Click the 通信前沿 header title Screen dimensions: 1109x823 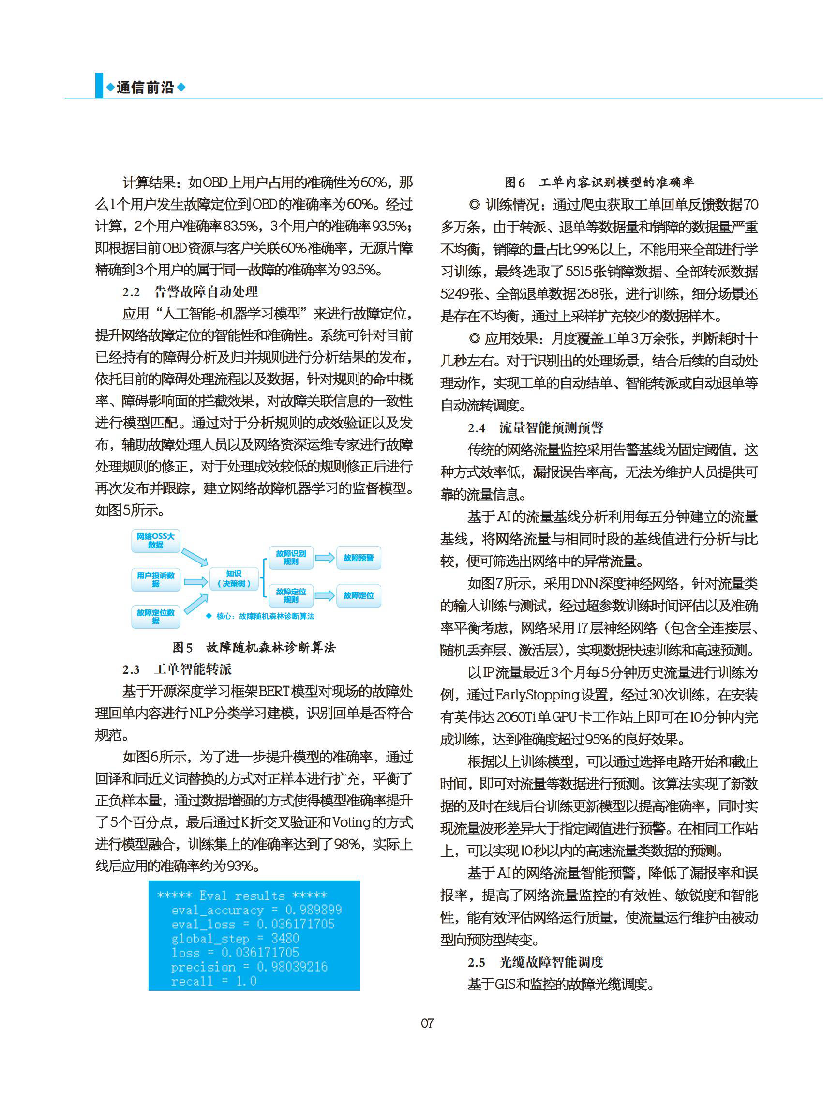[145, 88]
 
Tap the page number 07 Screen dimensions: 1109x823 [427, 1023]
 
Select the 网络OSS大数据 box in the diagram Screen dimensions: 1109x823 [155, 540]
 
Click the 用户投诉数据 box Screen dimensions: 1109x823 [155, 579]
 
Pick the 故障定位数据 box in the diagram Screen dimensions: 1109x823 [155, 617]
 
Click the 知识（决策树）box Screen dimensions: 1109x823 [234, 578]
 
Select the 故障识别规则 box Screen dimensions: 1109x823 [291, 557]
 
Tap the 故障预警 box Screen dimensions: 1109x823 [359, 557]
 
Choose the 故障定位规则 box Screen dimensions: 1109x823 [291, 595]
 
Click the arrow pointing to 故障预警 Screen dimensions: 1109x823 [325, 557]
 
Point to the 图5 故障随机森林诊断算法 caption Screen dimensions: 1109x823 [254, 648]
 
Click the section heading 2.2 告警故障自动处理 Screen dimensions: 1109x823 [190, 291]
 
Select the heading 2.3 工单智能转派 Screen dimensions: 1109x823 [178, 669]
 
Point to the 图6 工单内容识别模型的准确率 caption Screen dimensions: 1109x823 [599, 182]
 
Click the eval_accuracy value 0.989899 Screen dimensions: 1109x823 [314, 910]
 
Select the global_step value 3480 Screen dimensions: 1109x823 [285, 938]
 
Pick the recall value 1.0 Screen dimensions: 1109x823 [246, 981]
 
